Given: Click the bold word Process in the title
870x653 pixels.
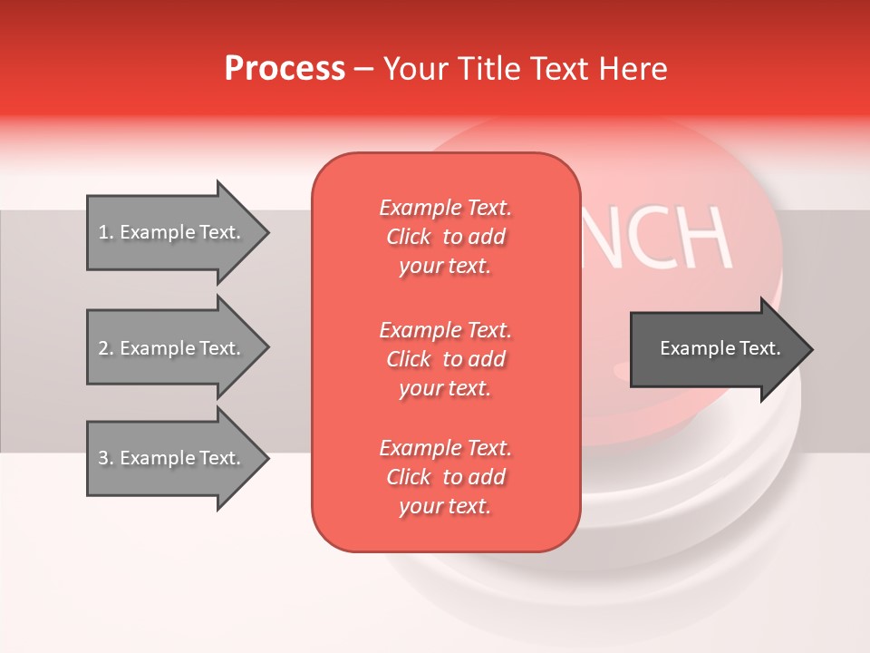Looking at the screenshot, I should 285,69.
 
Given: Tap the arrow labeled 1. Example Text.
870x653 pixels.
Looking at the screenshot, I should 172,232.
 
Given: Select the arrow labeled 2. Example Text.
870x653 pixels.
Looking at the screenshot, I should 172,348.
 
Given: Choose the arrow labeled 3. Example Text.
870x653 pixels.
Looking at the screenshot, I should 172,458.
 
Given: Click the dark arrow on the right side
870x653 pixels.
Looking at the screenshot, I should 716,349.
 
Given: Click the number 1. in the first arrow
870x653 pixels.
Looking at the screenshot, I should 106,232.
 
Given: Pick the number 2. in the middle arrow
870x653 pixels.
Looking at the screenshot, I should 106,348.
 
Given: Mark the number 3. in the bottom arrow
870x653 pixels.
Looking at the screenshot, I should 106,458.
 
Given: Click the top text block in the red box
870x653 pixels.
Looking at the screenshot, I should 445,237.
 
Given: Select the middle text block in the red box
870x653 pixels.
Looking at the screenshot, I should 445,359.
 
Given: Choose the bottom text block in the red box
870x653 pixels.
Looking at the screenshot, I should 445,477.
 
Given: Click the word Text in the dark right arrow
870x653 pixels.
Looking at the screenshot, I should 760,348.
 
